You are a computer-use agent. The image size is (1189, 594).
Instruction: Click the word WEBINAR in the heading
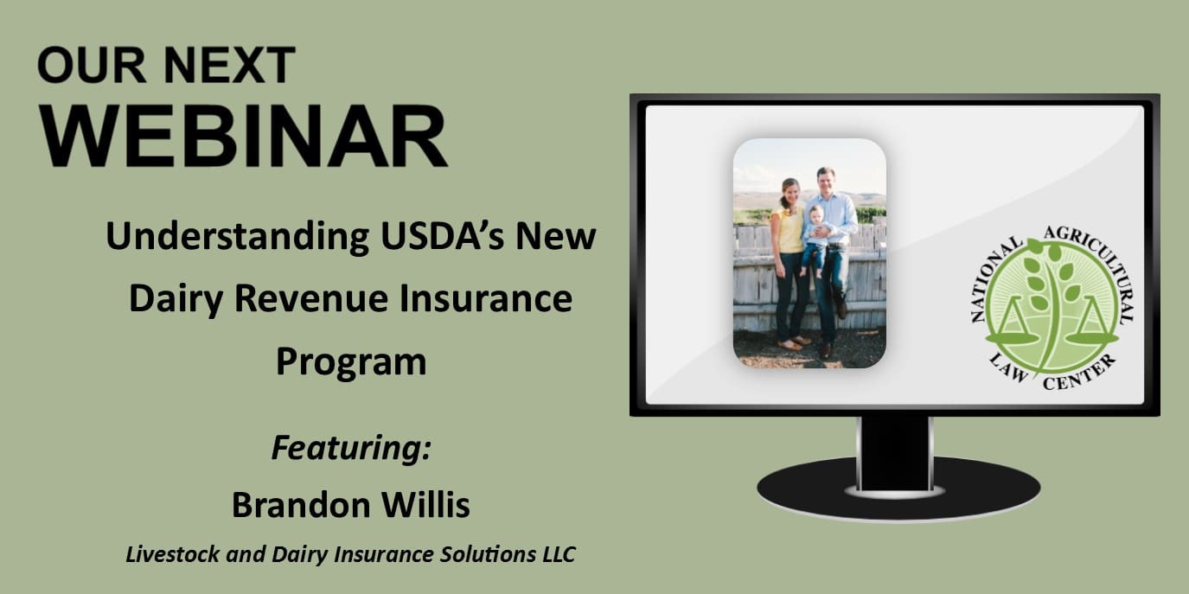[244, 137]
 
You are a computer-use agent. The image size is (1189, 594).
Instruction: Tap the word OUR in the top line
[92, 66]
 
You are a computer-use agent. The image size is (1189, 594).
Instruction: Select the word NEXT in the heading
[229, 66]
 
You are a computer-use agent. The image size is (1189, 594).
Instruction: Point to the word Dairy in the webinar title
[176, 299]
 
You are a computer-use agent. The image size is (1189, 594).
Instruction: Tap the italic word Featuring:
[351, 449]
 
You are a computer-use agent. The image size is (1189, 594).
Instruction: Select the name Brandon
[300, 504]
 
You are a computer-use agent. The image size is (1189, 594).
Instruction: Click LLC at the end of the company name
[559, 554]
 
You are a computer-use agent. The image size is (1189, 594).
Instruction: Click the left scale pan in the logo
[1011, 337]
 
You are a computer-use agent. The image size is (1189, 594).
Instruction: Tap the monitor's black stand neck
[895, 453]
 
